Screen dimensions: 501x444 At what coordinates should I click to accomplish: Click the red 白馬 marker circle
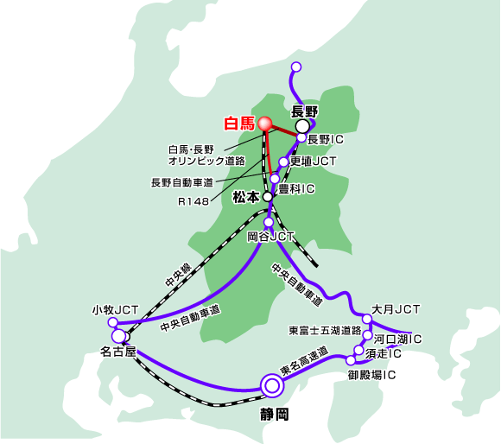265,124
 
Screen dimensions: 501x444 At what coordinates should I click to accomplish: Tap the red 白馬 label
239,124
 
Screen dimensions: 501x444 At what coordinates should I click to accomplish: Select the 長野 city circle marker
302,126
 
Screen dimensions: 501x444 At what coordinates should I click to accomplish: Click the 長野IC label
326,139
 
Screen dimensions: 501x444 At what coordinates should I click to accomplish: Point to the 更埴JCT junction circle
283,162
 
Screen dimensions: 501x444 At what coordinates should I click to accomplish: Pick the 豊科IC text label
296,189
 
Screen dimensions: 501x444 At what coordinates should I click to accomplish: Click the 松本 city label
245,197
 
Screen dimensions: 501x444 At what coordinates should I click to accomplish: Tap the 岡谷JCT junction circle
269,222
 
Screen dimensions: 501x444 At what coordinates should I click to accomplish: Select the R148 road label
193,201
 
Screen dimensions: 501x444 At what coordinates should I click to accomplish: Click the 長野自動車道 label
182,183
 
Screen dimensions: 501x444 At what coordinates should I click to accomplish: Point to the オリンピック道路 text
206,161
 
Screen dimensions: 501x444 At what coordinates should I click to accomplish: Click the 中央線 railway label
178,275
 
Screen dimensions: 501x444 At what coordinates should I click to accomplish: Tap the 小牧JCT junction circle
113,322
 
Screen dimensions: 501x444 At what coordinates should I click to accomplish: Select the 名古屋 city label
118,352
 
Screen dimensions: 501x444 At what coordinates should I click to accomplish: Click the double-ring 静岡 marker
272,386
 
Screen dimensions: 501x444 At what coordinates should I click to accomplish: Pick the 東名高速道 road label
305,361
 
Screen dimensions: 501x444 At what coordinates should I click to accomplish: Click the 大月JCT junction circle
367,319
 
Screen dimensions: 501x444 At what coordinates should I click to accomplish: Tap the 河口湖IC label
398,339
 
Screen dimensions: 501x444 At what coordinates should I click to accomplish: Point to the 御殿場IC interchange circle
351,360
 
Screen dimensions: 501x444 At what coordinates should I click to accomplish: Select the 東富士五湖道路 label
325,331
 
